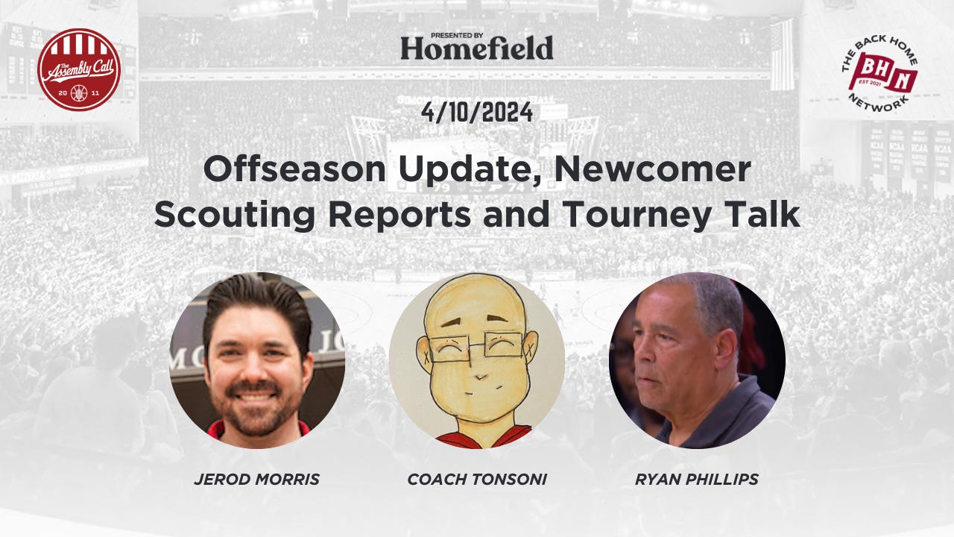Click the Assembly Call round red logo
click(79, 70)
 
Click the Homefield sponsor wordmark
click(477, 48)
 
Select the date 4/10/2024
click(477, 113)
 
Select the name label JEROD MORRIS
click(257, 480)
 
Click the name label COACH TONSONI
click(477, 480)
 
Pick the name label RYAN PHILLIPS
click(697, 480)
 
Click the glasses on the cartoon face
click(477, 348)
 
